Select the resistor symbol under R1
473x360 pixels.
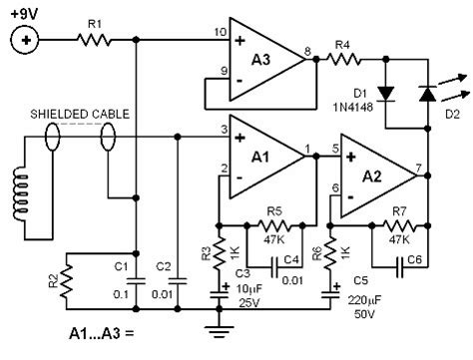95,41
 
